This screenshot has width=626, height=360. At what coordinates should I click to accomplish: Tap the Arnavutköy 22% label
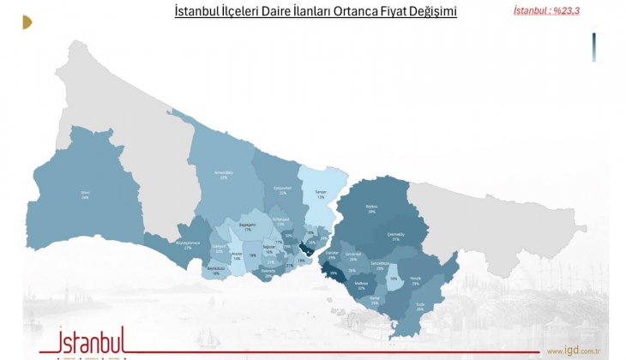223,175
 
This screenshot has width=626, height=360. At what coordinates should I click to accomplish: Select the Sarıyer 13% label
321,195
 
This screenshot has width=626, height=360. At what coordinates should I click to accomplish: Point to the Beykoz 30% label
371,209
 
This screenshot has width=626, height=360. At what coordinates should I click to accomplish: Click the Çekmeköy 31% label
395,237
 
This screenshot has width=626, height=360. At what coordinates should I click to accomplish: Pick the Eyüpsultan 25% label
282,191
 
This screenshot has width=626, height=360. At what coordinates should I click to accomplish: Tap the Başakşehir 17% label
247,228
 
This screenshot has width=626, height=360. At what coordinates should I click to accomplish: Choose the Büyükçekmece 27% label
188,245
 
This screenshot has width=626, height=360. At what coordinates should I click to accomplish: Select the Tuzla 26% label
419,306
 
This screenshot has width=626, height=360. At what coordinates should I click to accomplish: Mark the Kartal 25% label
375,301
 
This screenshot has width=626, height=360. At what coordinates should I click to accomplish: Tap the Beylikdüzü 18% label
214,271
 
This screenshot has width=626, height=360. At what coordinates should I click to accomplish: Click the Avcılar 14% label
236,256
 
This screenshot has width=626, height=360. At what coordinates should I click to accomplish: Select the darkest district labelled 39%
333,274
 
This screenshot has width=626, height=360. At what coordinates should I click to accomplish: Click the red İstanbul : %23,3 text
546,10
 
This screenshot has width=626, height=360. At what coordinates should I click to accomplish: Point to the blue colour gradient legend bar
593,47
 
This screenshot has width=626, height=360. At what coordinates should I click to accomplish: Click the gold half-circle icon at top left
27,22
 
